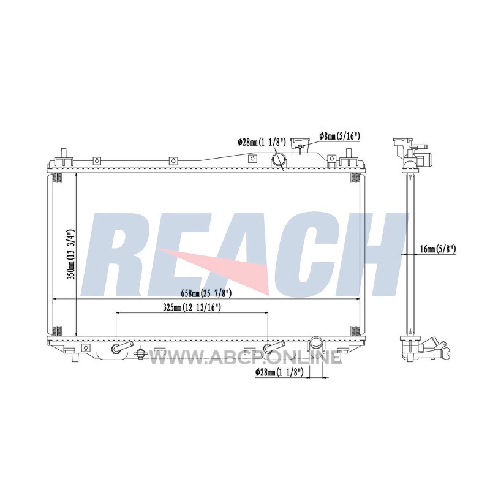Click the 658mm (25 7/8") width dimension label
pyautogui.click(x=206, y=293)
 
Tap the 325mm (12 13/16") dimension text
pyautogui.click(x=192, y=307)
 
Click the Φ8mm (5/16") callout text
pyautogui.click(x=340, y=136)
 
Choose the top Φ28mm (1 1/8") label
pyautogui.click(x=262, y=143)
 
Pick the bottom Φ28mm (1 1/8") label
pyautogui.click(x=279, y=372)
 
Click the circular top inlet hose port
pyautogui.click(x=278, y=159)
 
